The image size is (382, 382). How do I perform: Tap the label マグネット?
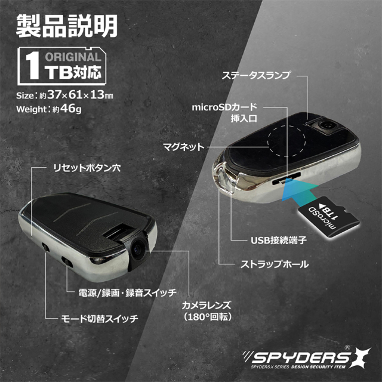tap(184, 146)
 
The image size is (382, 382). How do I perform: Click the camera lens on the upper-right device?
tap(326, 125)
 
